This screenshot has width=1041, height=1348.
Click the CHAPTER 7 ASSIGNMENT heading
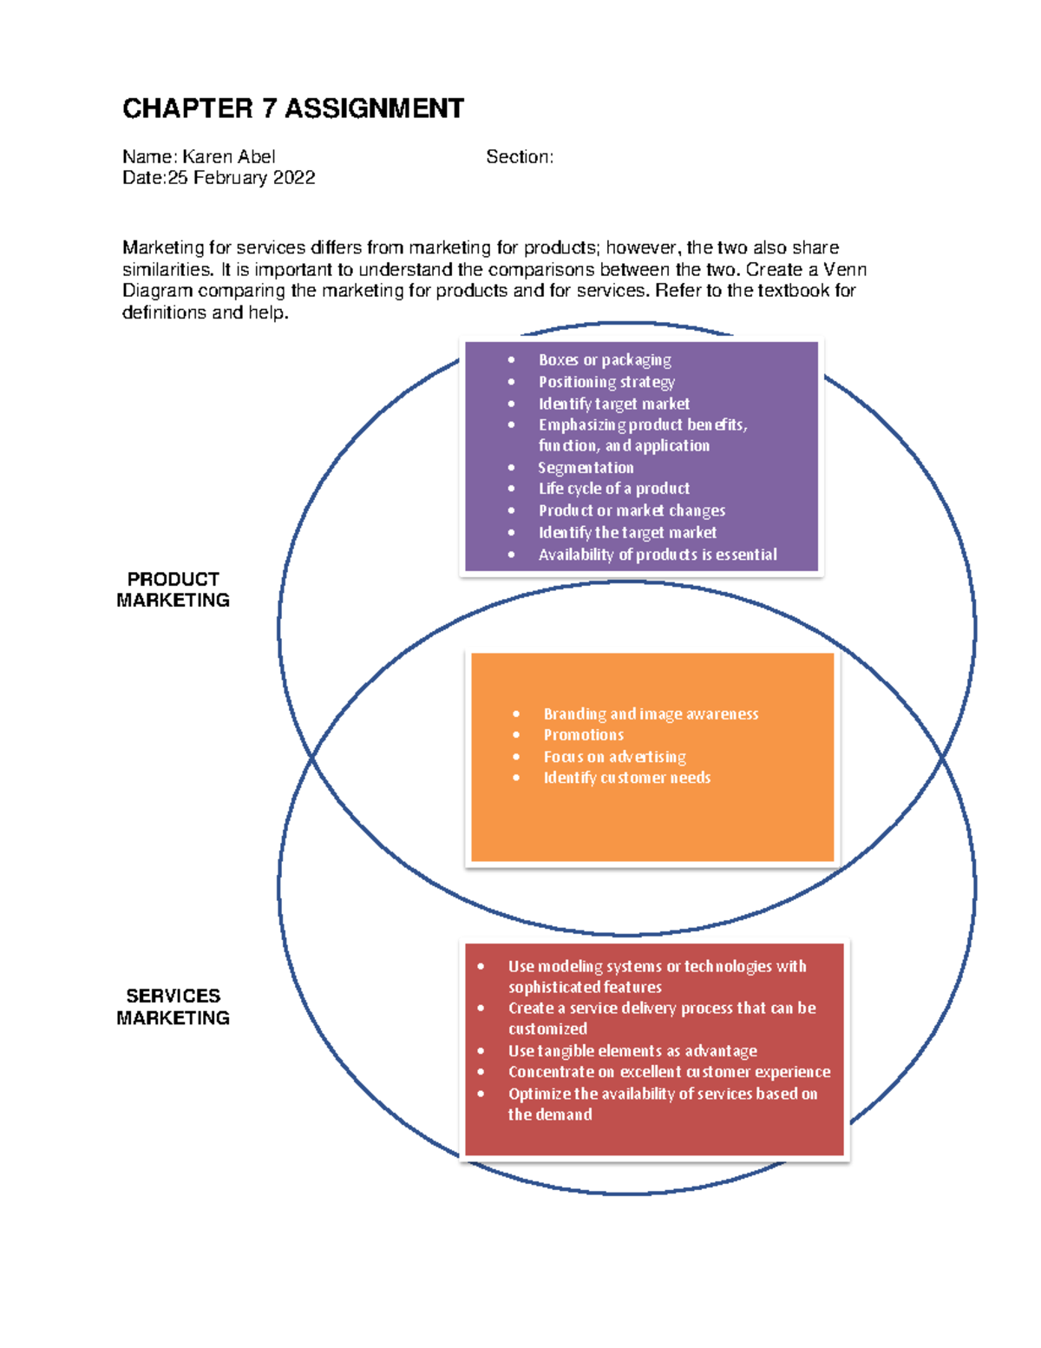pyautogui.click(x=292, y=108)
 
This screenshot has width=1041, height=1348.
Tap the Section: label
pyautogui.click(x=519, y=157)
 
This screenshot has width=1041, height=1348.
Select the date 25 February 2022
pyautogui.click(x=241, y=178)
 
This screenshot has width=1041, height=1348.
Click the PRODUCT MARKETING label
pyautogui.click(x=173, y=589)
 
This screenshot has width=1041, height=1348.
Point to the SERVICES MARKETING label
pyautogui.click(x=173, y=1007)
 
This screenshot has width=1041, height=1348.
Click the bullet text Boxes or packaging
pyautogui.click(x=605, y=359)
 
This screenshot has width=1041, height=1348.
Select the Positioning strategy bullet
pyautogui.click(x=606, y=382)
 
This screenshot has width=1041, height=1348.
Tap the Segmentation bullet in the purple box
pyautogui.click(x=586, y=468)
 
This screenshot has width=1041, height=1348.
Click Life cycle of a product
pyautogui.click(x=613, y=489)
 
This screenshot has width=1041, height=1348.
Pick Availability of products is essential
pyautogui.click(x=657, y=555)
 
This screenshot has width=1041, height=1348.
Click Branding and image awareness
pyautogui.click(x=651, y=714)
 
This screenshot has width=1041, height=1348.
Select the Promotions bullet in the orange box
pyautogui.click(x=583, y=735)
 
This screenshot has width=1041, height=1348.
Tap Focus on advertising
pyautogui.click(x=614, y=757)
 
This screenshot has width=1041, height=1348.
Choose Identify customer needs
pyautogui.click(x=626, y=778)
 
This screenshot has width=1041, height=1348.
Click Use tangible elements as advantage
pyautogui.click(x=632, y=1051)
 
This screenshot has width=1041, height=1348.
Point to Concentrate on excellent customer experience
pyautogui.click(x=669, y=1072)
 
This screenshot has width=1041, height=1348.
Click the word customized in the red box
pyautogui.click(x=547, y=1029)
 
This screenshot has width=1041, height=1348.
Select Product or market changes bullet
pyautogui.click(x=632, y=510)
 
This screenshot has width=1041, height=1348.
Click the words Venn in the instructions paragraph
pyautogui.click(x=844, y=269)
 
